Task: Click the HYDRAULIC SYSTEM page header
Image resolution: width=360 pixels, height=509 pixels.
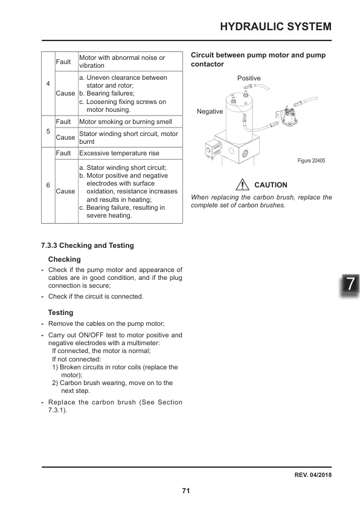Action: [x=275, y=26]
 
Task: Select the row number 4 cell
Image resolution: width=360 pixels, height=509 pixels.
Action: [x=48, y=84]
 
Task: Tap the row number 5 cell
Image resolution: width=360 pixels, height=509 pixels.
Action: [x=48, y=131]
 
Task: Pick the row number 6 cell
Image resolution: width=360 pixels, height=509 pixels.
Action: [x=48, y=185]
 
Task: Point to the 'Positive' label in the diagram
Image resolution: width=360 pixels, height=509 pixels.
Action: [x=249, y=79]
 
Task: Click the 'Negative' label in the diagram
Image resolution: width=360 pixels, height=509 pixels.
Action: [x=210, y=112]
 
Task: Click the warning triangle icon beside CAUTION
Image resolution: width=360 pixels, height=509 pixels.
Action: [x=243, y=184]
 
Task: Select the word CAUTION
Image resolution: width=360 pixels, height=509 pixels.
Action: [x=271, y=184]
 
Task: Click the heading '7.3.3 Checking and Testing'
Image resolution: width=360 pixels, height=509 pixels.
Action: [x=87, y=245]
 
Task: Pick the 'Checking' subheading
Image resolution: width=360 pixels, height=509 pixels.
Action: [x=64, y=259]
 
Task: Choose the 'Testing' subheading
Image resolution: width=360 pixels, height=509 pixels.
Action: [x=60, y=313]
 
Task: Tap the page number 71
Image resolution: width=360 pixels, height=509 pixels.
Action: [x=186, y=490]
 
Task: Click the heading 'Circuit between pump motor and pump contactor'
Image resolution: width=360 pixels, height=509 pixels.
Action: [x=258, y=59]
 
